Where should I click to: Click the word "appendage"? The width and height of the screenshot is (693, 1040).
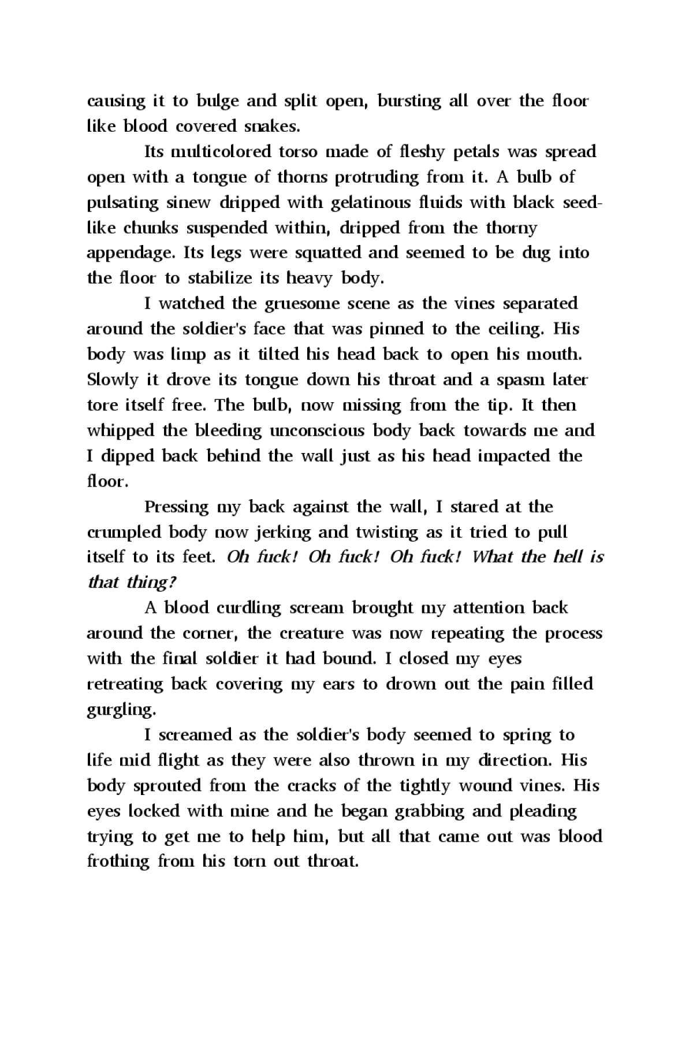pos(131,254)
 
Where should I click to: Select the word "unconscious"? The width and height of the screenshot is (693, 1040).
pos(316,431)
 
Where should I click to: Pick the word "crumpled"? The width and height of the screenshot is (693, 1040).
pos(124,533)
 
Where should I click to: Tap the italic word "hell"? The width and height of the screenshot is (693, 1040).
pos(567,557)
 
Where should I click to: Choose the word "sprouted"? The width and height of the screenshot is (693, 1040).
pos(167,786)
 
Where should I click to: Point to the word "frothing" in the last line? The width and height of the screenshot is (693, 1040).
pos(118,862)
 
